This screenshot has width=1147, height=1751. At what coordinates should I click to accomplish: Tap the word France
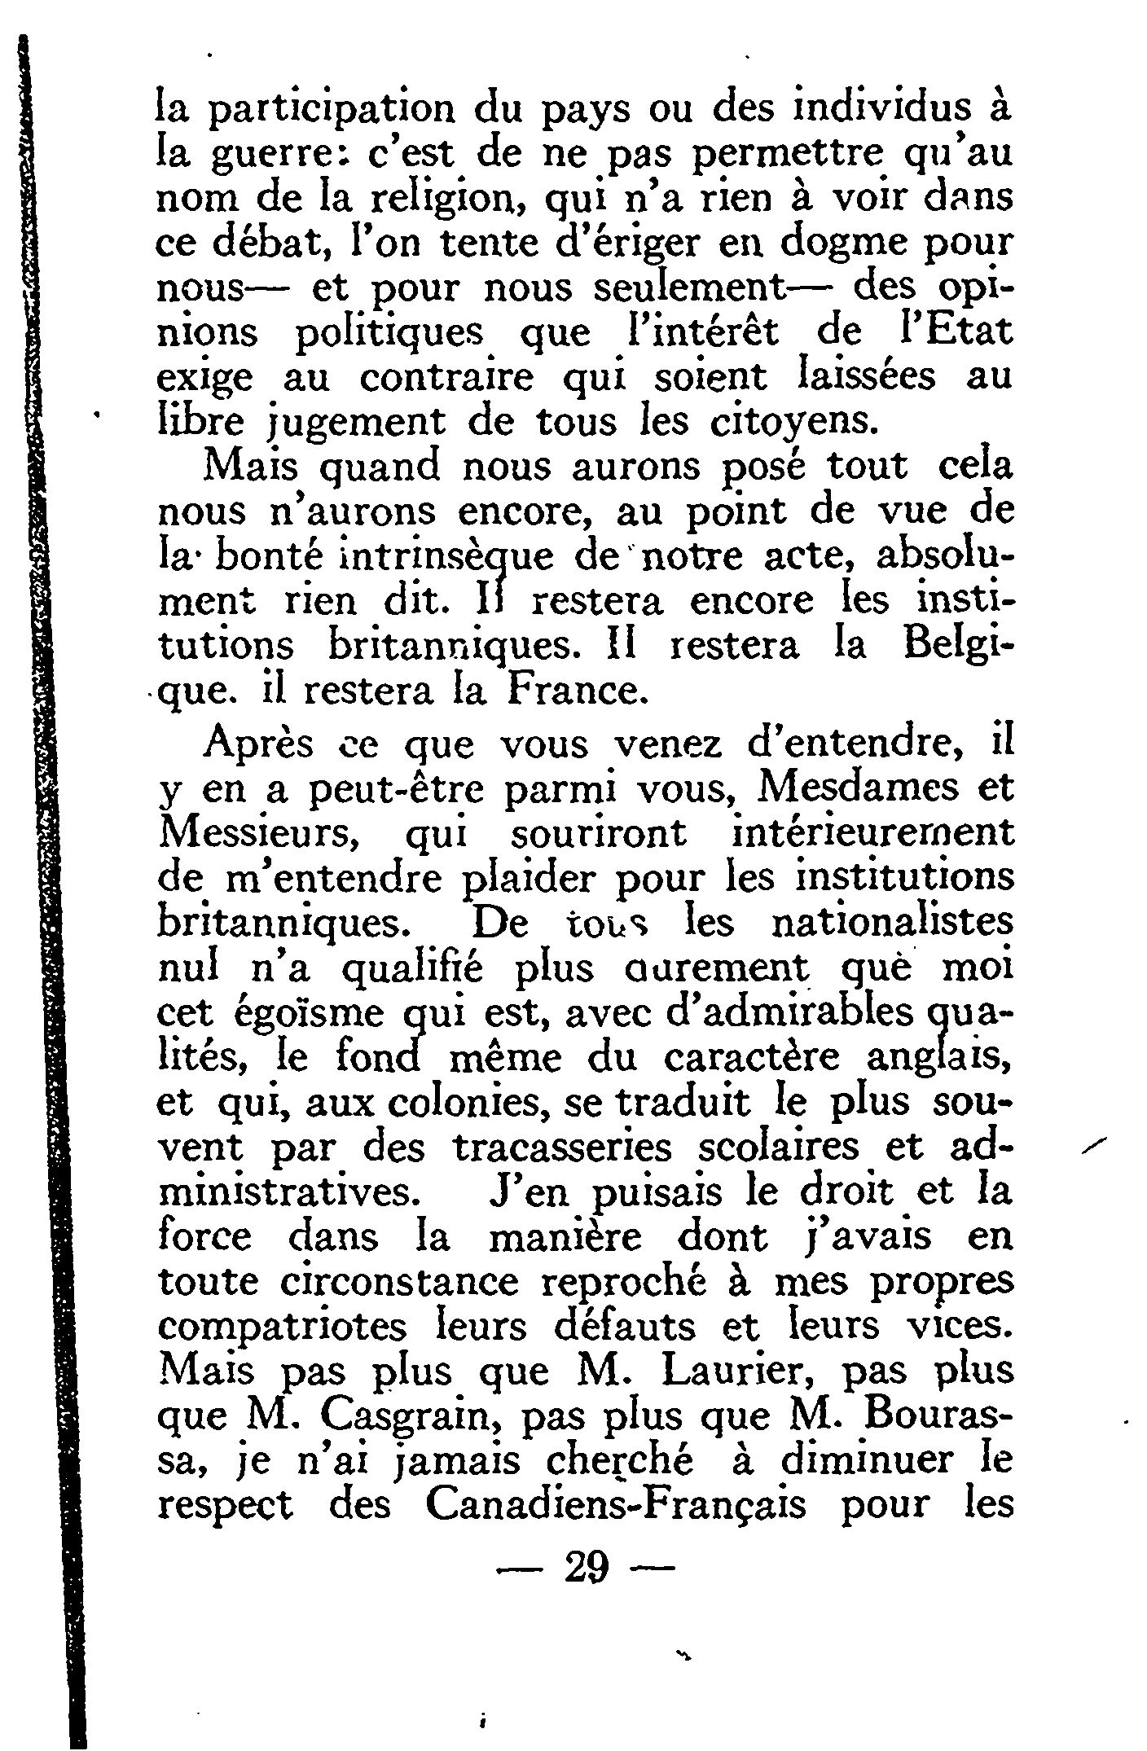click(578, 691)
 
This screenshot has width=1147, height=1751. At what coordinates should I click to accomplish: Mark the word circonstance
click(398, 1282)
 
